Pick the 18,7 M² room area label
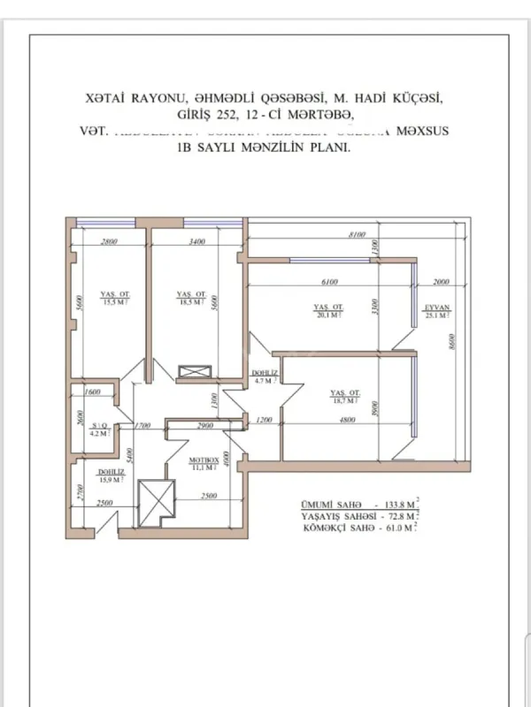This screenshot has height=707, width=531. pyautogui.click(x=344, y=396)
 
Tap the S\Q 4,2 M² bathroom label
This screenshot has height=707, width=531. pyautogui.click(x=98, y=430)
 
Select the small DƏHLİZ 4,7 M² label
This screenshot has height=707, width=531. pyautogui.click(x=265, y=377)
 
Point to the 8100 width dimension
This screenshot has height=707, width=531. pyautogui.click(x=357, y=235)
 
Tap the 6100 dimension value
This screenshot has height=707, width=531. pyautogui.click(x=327, y=283)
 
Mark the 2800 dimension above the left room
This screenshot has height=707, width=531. pyautogui.click(x=110, y=241)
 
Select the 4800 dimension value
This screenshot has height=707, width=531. pyautogui.click(x=346, y=422)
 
